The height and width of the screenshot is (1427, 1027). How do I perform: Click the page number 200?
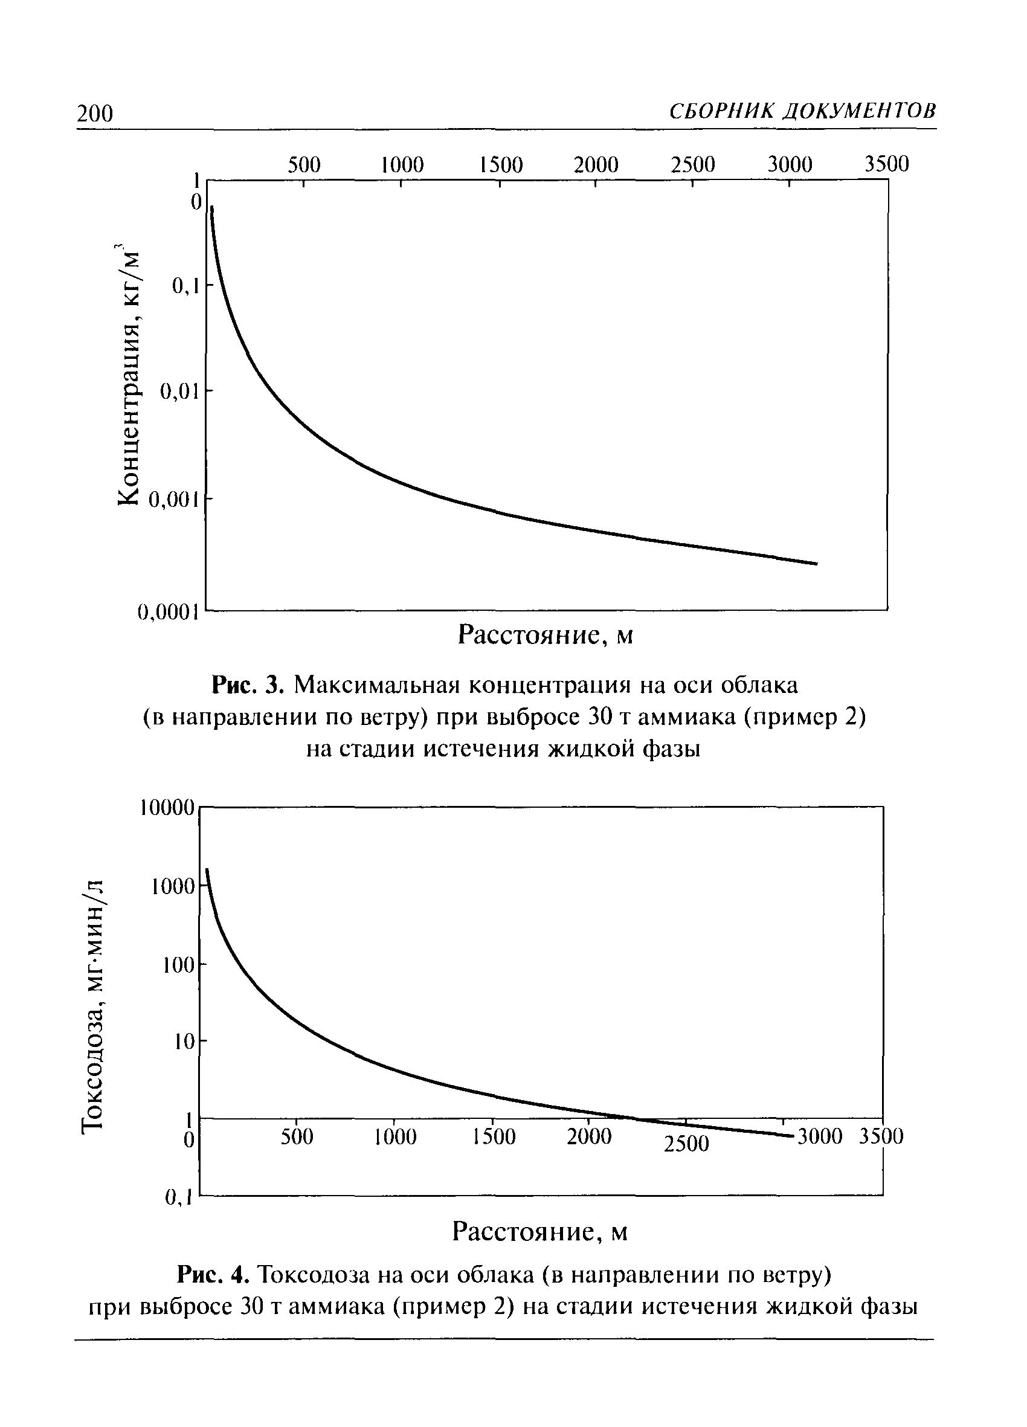94,113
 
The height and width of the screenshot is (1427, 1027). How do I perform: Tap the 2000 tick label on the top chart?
595,165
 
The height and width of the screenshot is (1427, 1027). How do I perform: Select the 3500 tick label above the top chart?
886,164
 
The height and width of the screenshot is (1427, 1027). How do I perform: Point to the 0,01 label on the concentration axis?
179,392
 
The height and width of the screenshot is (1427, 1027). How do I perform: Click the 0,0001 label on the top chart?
168,611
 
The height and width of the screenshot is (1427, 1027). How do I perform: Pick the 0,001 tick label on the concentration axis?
173,500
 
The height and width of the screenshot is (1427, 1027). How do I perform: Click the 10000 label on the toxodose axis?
166,808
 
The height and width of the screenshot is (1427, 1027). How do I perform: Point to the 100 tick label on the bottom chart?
179,965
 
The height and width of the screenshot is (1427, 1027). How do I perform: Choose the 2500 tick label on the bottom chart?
686,1143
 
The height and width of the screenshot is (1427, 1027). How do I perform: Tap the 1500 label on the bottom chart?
494,1136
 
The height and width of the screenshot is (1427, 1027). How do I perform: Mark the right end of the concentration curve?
816,563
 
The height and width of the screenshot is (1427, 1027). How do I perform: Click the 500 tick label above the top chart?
304,165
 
